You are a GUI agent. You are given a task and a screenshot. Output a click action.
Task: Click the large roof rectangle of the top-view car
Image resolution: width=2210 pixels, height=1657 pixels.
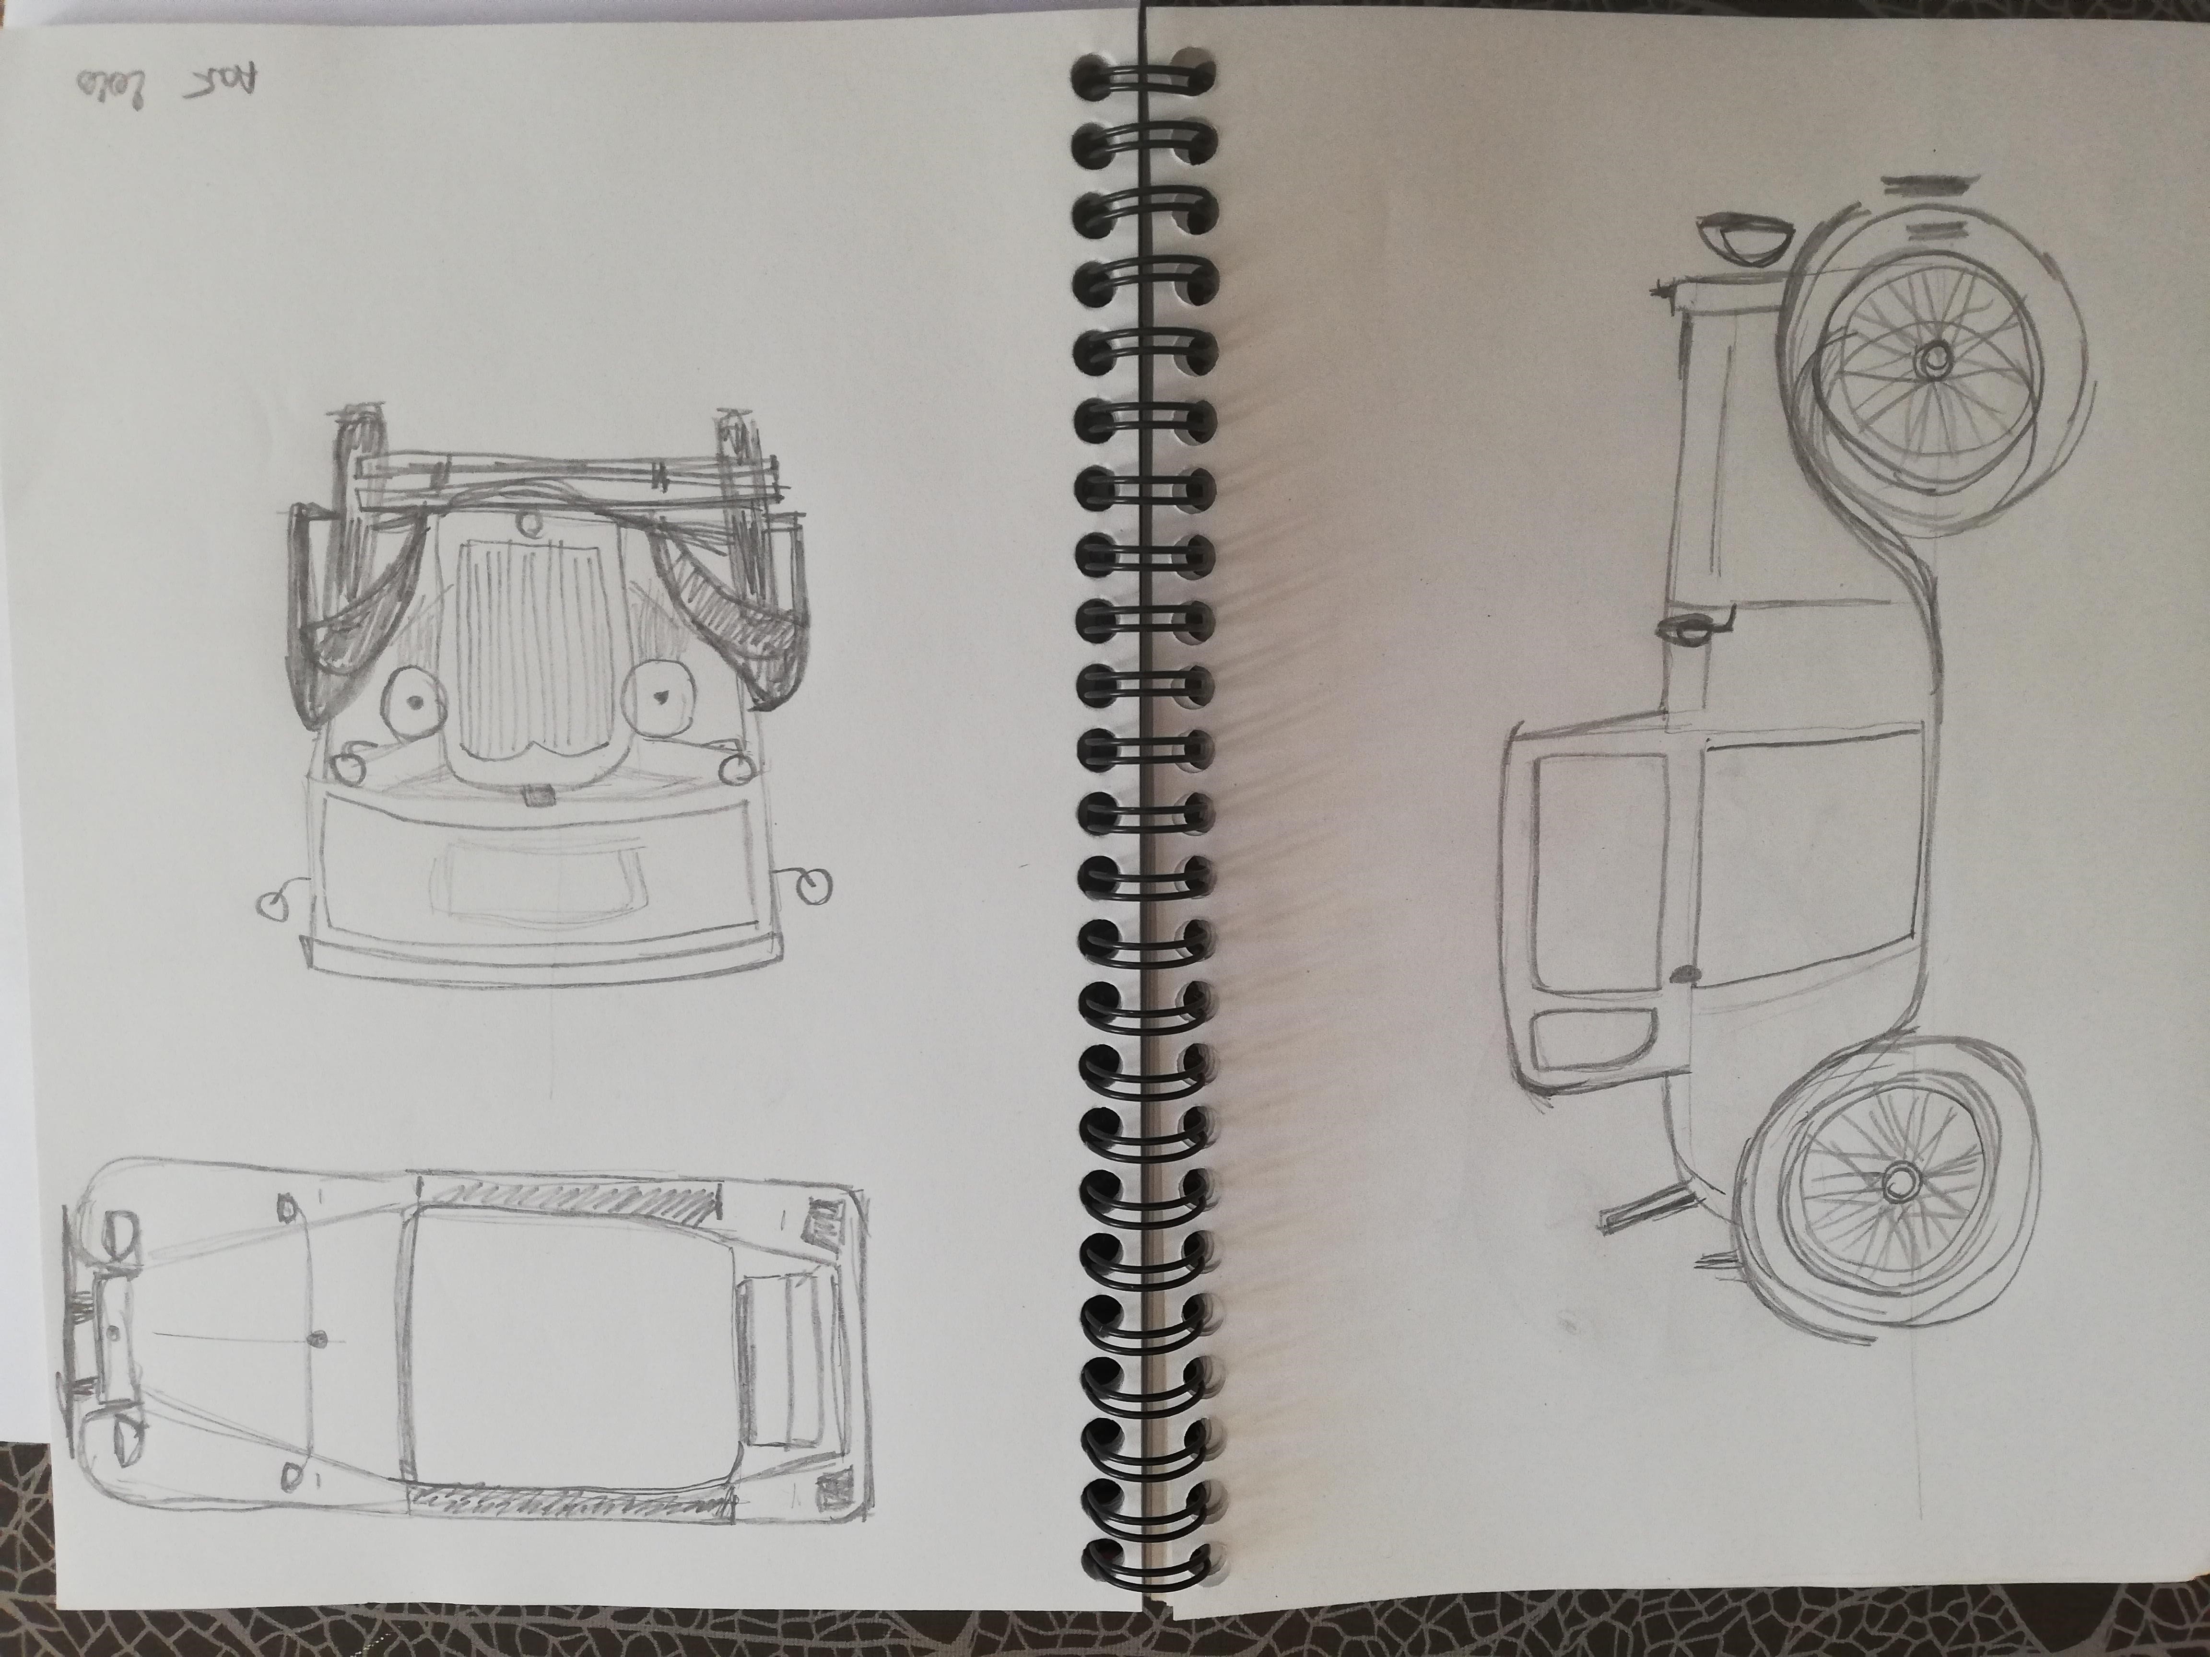575,1326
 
